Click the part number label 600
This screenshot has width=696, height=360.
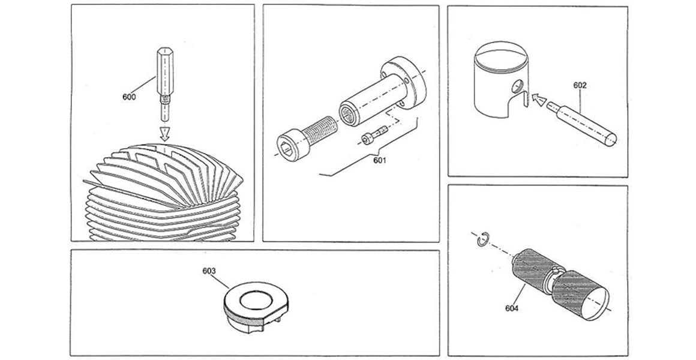pyautogui.click(x=128, y=96)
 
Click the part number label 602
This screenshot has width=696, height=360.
pyautogui.click(x=579, y=85)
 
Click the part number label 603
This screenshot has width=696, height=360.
pyautogui.click(x=209, y=271)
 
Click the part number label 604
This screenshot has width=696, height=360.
pyautogui.click(x=511, y=309)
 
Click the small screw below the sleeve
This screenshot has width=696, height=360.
pyautogui.click(x=370, y=139)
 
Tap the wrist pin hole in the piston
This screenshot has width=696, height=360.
pyautogui.click(x=517, y=84)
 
